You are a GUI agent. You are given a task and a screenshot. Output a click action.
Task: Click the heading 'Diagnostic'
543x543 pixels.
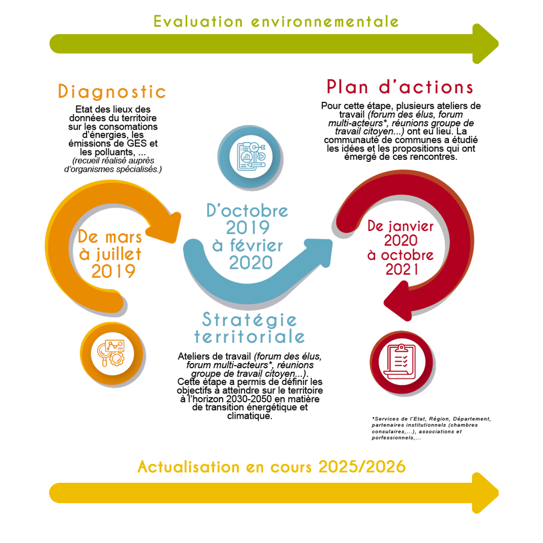point(112,92)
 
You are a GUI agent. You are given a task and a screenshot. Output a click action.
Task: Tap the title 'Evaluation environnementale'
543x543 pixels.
point(276,22)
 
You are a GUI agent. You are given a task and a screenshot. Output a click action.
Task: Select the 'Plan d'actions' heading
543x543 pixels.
point(400,87)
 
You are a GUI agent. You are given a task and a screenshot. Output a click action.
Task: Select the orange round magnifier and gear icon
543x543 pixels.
point(112,354)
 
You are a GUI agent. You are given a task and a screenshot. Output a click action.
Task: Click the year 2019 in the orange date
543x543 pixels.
point(114,271)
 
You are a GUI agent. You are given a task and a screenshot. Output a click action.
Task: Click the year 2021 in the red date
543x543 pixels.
point(402,269)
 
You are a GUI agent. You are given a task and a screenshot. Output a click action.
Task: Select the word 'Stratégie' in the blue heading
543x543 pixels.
point(250,320)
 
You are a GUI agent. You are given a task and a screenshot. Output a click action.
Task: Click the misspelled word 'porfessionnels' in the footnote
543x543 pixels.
point(392,438)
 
